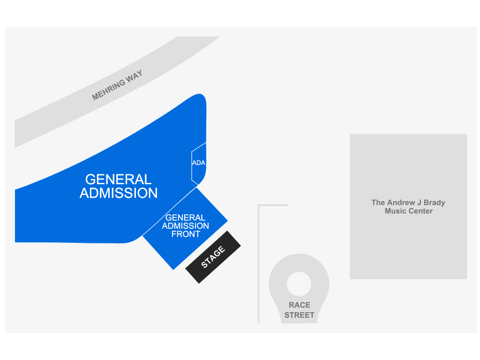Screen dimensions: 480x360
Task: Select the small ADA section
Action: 199,163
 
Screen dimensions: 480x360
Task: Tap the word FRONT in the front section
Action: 186,234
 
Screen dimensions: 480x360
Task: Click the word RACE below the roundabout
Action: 300,305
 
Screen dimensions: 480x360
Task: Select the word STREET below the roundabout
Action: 299,315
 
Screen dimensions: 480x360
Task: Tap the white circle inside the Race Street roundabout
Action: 299,284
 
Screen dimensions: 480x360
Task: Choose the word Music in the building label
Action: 395,211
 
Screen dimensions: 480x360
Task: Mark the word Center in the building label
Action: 420,211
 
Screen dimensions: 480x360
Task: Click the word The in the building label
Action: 378,202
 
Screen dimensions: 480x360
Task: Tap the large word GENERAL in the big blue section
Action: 118,180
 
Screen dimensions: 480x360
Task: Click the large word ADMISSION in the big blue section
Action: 119,193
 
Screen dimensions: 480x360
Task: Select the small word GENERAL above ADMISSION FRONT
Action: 185,217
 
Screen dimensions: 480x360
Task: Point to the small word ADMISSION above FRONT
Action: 186,226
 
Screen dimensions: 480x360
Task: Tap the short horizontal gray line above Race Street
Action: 273,205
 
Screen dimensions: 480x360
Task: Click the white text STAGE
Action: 213,257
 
